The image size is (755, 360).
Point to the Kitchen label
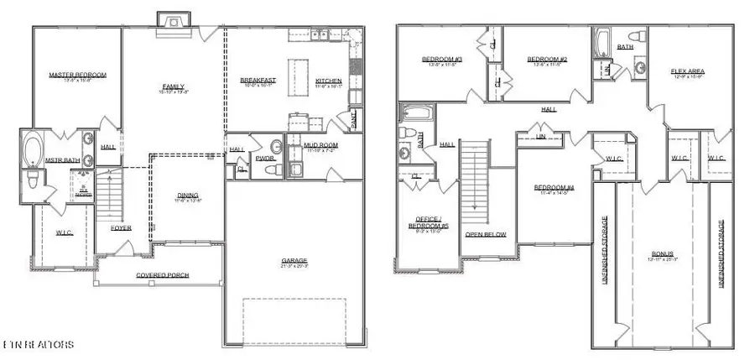tap(328, 81)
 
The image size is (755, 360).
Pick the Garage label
tap(294, 262)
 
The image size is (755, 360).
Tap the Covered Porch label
tap(163, 275)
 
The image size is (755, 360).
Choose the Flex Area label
tap(687, 71)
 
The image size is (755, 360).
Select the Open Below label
tap(486, 234)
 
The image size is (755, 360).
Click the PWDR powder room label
tap(265, 158)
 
